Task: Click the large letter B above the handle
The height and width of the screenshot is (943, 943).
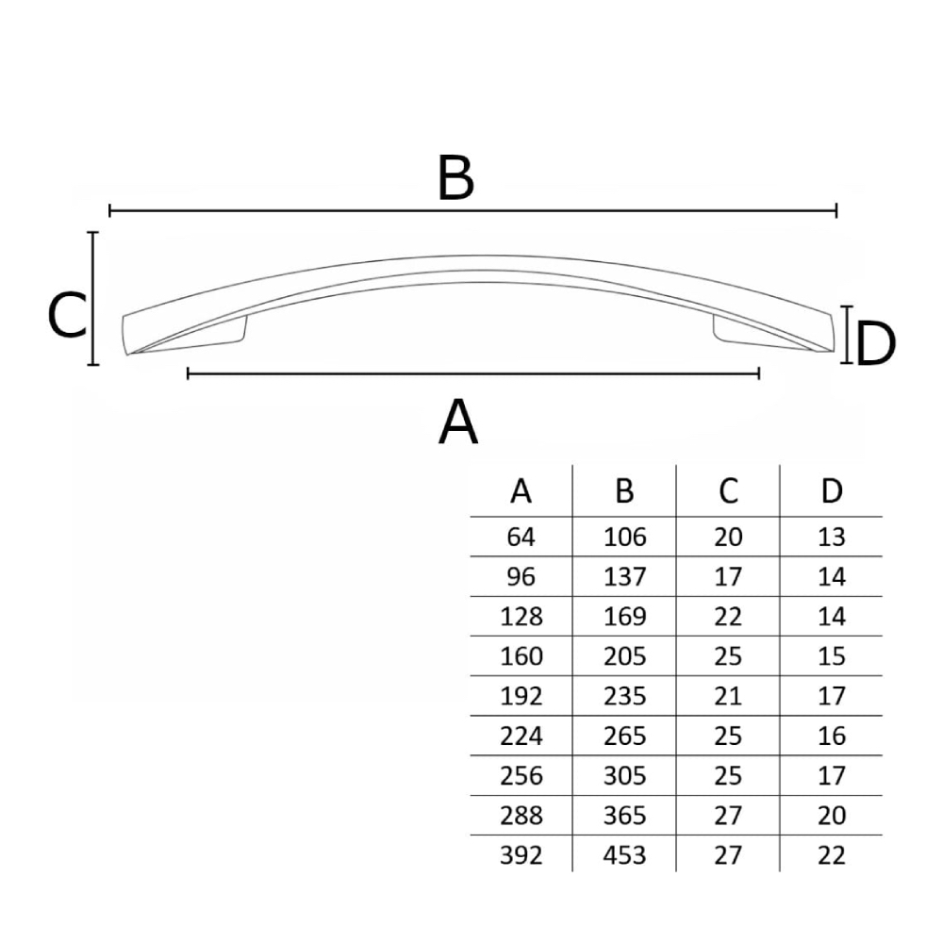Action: coord(455,177)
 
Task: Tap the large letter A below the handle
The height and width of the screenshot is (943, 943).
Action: coord(458,422)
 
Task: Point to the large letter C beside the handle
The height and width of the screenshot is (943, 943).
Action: coord(67,315)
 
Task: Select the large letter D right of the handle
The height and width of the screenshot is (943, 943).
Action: coord(876,344)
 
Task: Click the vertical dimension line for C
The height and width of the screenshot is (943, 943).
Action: coord(92,298)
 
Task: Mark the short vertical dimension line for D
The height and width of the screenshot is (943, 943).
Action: coord(847,335)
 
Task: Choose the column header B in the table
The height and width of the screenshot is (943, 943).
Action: coord(625,490)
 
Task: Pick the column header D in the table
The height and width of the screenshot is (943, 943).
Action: coord(832,490)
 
